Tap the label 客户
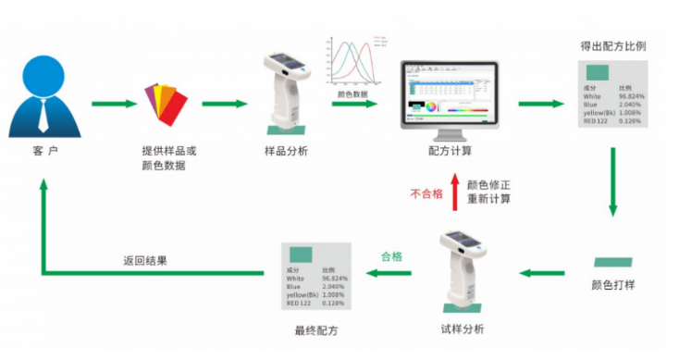coord(43,150)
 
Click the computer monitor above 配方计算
coord(451,100)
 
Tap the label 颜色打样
coord(613,285)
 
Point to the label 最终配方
coord(317,329)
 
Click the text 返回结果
coord(145,261)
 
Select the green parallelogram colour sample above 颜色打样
coord(612,262)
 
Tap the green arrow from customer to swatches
coord(115,104)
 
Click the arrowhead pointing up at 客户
coord(43,184)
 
